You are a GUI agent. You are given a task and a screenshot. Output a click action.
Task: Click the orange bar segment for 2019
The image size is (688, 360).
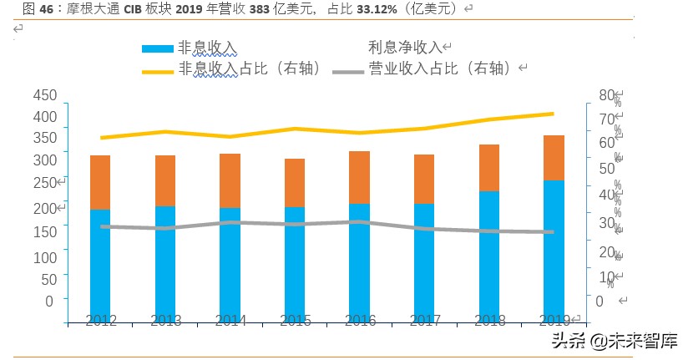pos(554,158)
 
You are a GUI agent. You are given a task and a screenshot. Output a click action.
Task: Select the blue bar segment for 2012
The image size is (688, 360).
pos(100,266)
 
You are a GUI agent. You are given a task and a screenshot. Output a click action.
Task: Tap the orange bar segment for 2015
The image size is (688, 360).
pos(295,183)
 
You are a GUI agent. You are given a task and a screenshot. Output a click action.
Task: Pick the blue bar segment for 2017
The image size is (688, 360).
pos(424,263)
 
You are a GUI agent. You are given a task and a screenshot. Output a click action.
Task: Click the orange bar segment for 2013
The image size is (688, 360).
pos(165,180)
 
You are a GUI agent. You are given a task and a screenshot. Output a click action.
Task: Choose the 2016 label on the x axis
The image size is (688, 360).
pos(360,320)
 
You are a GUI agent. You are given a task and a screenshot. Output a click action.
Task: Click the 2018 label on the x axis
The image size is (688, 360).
pos(489,320)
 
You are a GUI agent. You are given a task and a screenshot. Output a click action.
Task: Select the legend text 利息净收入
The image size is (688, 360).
pos(406,48)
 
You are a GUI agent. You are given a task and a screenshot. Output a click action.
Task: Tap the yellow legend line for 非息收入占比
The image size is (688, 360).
pos(158,70)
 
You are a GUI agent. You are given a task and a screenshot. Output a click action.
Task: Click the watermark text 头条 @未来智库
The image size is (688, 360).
pos(613,341)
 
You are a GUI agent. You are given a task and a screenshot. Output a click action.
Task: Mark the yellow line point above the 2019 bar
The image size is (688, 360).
pos(554,114)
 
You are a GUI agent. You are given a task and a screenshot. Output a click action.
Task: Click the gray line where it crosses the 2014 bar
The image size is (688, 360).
pos(230,222)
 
